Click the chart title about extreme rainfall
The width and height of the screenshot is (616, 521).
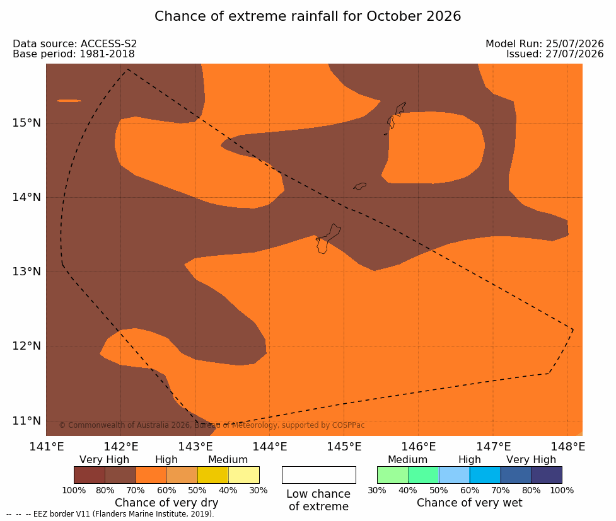[x=308, y=16]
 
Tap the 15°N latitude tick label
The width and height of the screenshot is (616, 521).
[x=26, y=123]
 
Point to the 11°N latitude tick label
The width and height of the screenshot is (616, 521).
[x=26, y=421]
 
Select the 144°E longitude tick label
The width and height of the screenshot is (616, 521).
[x=270, y=447]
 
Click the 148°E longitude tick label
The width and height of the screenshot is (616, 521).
[x=567, y=447]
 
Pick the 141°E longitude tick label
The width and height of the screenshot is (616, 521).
[x=47, y=447]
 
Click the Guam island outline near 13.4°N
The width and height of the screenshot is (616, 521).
[x=327, y=239]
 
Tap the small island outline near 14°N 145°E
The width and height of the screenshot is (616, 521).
[x=359, y=186]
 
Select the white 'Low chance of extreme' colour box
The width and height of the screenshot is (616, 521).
[x=319, y=475]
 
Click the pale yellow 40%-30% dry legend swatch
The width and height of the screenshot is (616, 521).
[x=243, y=475]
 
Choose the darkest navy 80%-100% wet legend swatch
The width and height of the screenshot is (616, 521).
[x=547, y=475]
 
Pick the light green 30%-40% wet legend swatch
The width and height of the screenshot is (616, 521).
[x=392, y=475]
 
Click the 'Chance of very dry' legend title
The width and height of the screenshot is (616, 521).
[x=166, y=503]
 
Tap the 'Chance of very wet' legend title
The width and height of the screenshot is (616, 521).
[x=470, y=503]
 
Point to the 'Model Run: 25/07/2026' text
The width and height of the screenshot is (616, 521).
[x=545, y=43]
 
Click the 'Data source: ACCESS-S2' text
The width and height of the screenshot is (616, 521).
[x=74, y=43]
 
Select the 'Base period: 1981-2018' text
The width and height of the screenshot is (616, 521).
[x=74, y=54]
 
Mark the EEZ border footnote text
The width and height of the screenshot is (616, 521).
[x=110, y=514]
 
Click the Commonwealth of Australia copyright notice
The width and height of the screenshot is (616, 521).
[x=212, y=425]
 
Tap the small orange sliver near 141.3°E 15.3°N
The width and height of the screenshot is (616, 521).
[x=69, y=101]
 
